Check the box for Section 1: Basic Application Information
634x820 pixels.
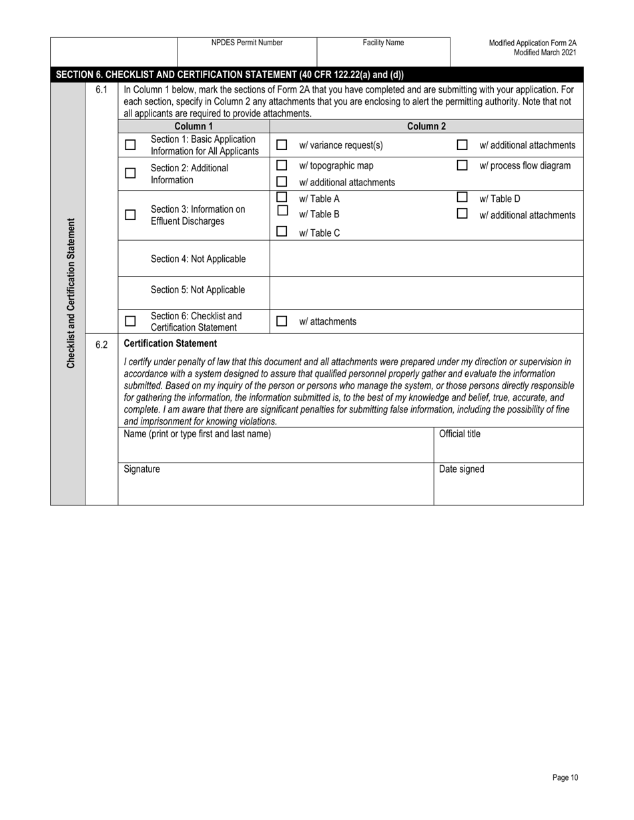(130, 145)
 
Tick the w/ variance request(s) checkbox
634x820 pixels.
(282, 145)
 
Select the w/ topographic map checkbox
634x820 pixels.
(282, 165)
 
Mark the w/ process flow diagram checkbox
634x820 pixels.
(462, 165)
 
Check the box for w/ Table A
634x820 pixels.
(282, 197)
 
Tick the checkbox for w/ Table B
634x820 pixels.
(282, 211)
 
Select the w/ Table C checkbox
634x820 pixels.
(282, 232)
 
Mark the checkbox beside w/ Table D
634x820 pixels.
(462, 197)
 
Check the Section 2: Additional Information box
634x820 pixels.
(130, 173)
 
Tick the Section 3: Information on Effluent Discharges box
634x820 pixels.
(130, 215)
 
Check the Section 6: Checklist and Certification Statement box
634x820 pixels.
(130, 321)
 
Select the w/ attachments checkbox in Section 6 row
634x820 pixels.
(282, 321)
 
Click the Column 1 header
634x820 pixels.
(194, 126)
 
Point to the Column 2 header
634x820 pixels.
(426, 126)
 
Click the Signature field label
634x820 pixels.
(142, 469)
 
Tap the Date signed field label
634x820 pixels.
(461, 469)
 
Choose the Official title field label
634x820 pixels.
(459, 434)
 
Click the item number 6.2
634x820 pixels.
(101, 345)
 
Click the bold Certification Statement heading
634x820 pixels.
(170, 343)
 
